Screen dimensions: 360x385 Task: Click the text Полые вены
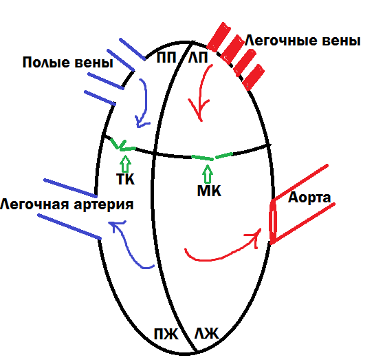[67, 63]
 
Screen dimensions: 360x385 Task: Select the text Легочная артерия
[67, 204]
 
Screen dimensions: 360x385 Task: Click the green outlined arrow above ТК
[125, 163]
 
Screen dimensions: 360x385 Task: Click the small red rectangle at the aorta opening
[273, 222]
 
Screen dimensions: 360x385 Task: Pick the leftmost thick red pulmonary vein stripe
[220, 37]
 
